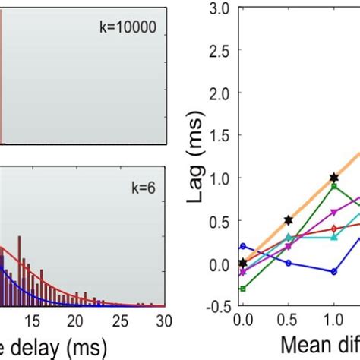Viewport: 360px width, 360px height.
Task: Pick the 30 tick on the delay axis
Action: (x=160, y=321)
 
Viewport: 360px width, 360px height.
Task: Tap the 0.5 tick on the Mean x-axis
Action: (x=288, y=320)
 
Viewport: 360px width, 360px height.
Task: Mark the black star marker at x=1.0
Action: (x=333, y=178)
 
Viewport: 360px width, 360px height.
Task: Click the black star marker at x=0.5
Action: (x=288, y=220)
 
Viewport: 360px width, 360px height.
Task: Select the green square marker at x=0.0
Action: (x=242, y=289)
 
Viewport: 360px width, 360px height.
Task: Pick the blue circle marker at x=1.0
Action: (x=333, y=271)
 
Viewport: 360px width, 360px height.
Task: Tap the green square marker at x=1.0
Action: (x=333, y=186)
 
